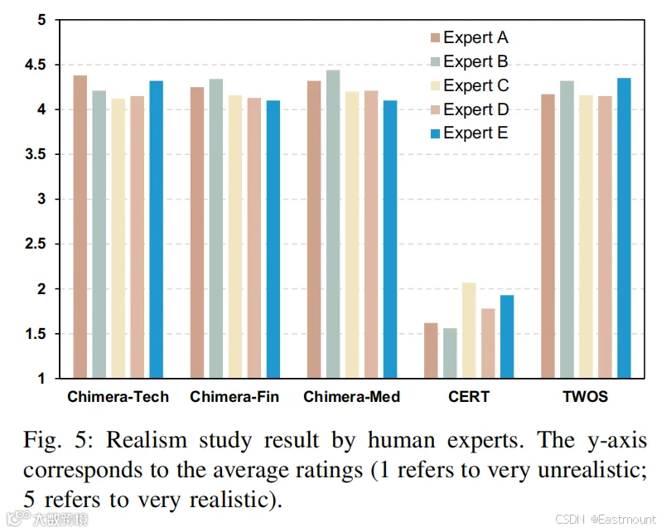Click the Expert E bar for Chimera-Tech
point(157,230)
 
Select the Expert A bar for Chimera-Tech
point(80,227)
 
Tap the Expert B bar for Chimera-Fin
point(216,229)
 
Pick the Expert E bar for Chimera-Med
point(390,239)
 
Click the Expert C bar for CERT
point(469,331)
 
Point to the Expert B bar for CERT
point(450,353)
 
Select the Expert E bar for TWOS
point(624,228)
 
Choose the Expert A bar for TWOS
point(548,236)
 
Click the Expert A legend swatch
point(435,37)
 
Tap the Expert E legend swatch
point(435,133)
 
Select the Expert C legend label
point(476,85)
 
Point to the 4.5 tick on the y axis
point(35,65)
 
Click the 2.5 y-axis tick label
point(35,244)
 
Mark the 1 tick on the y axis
point(41,379)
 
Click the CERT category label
point(469,397)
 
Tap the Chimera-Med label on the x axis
point(352,397)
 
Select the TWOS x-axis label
point(586,397)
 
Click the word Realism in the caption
point(147,440)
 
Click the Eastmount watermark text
point(627,520)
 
